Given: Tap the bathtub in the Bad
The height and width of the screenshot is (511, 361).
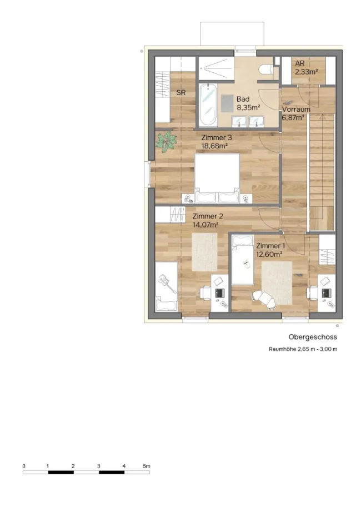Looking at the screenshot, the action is [208, 105].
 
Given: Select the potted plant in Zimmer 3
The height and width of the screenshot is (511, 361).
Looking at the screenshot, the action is [167, 142].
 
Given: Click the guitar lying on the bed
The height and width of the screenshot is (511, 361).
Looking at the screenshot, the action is [167, 283].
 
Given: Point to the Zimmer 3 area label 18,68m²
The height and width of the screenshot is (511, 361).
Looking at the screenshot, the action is [214, 146].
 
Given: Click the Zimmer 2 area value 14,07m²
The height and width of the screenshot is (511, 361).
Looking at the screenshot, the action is [205, 225].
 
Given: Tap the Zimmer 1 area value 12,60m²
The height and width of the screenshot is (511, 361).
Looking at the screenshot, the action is [269, 254].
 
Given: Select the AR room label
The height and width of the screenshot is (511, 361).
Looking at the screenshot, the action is [300, 63].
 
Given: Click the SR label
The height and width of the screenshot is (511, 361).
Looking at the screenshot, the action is [181, 92].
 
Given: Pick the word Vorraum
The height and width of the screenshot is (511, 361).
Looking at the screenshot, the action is [296, 110].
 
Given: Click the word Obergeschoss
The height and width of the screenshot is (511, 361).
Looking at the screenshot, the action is [313, 338].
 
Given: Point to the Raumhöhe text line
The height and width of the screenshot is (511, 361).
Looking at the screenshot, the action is [303, 349].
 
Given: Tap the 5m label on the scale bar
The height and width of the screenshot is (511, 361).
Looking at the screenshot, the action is [147, 466].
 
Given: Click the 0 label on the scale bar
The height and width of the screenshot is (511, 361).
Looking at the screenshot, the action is [24, 466].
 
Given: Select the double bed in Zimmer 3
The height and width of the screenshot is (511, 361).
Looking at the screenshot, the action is [217, 178].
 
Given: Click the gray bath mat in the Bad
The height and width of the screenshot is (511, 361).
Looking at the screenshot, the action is [227, 103].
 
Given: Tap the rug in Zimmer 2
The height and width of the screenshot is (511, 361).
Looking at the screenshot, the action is [204, 251].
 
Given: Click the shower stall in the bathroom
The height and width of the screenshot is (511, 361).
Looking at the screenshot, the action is [217, 68].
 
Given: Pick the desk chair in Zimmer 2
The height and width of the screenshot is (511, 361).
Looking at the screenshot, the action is [205, 292].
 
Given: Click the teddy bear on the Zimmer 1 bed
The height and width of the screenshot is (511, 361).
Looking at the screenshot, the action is [247, 264].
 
